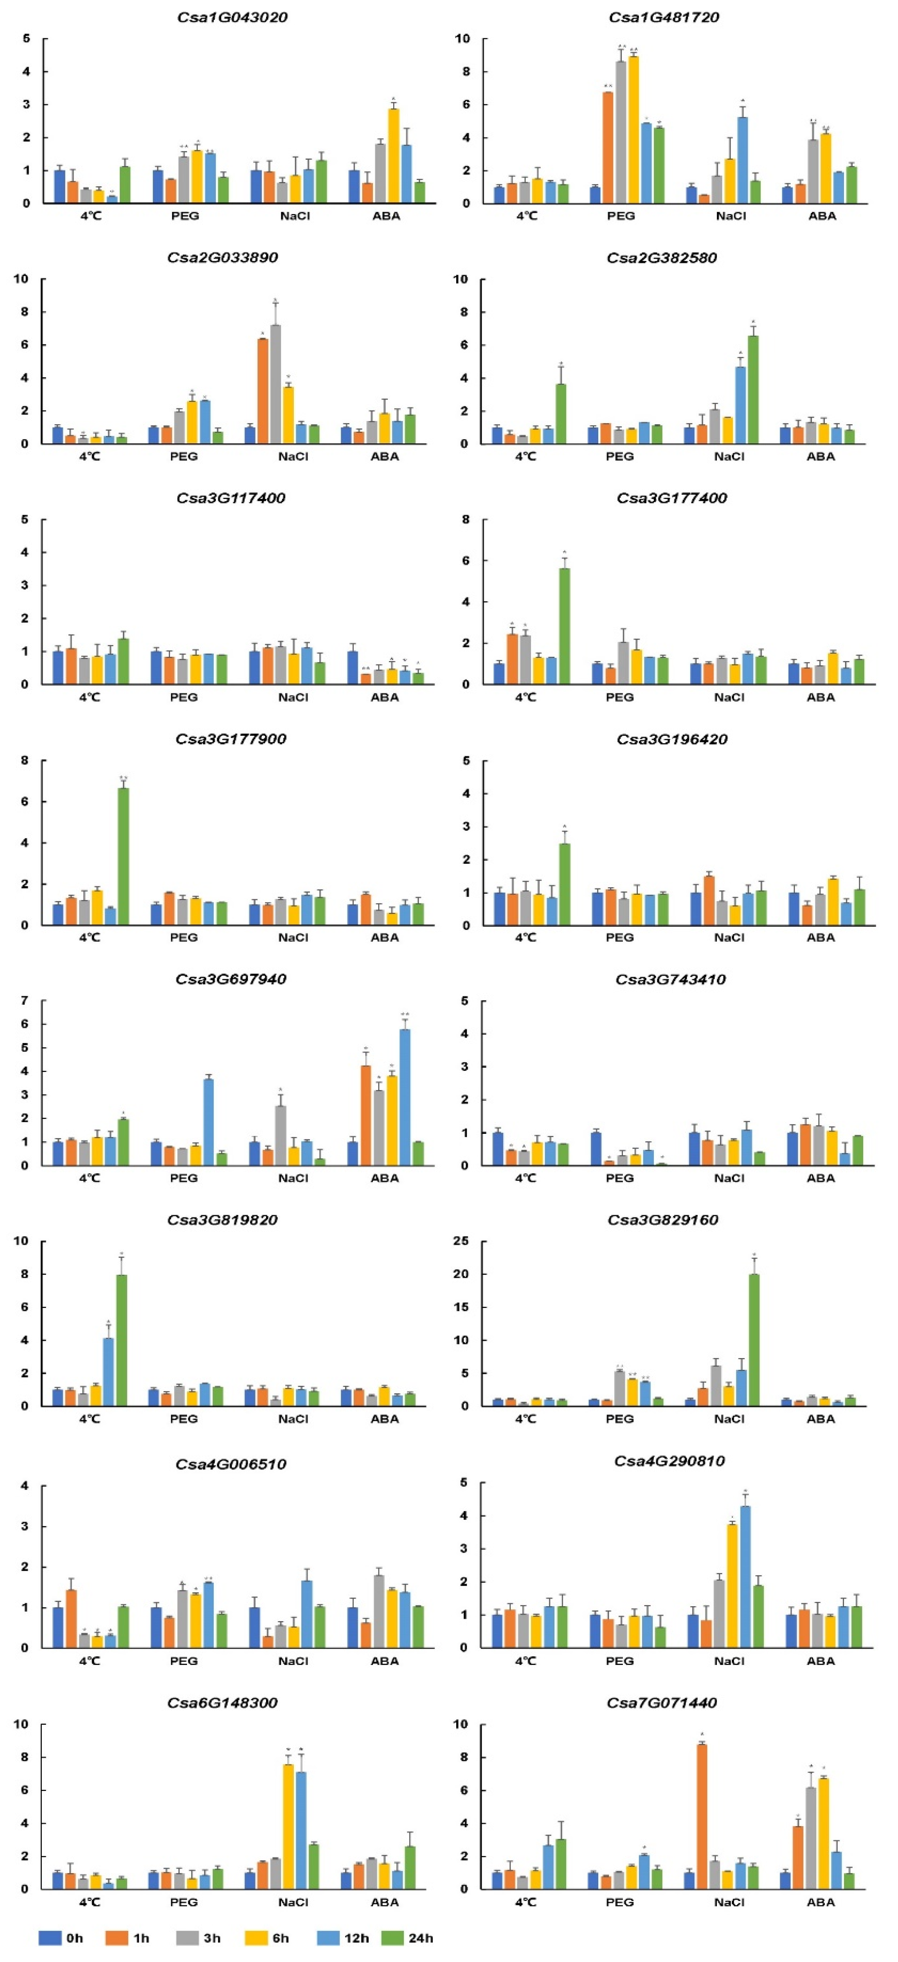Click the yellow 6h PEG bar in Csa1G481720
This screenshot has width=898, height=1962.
(x=634, y=130)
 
